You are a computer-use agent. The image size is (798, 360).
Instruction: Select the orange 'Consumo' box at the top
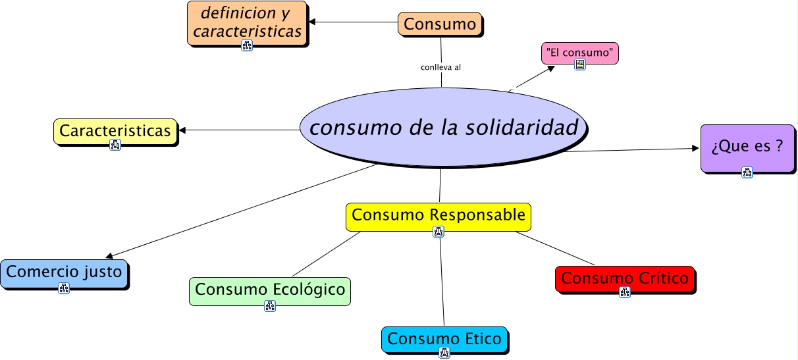tap(440, 24)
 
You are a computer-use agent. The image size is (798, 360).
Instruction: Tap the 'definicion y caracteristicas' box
tap(247, 22)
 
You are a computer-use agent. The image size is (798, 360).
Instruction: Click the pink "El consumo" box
tap(579, 51)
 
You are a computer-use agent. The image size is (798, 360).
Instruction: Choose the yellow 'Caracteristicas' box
tap(115, 130)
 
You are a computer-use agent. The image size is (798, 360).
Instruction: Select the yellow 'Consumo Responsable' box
tap(439, 215)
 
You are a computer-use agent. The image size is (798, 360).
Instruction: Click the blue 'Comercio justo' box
tap(64, 271)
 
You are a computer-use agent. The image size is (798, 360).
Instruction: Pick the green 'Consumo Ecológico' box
tap(270, 290)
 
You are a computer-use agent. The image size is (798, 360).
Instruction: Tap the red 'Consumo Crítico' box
tap(625, 278)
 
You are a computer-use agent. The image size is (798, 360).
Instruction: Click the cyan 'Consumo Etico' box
tap(444, 339)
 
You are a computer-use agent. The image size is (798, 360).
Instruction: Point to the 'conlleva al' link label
tap(440, 66)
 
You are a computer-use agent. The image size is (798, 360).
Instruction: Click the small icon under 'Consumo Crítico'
tap(625, 292)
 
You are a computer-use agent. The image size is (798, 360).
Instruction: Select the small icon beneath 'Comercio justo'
tap(64, 288)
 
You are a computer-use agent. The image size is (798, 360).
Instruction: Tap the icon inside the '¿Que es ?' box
tap(747, 172)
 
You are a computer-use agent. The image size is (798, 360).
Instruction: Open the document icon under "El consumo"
tap(580, 64)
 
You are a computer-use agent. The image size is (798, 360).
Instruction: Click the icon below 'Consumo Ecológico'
tap(270, 305)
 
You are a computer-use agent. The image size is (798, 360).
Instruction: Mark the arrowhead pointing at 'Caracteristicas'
tap(183, 130)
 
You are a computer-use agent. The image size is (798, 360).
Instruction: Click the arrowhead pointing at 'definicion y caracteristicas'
tap(312, 22)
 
